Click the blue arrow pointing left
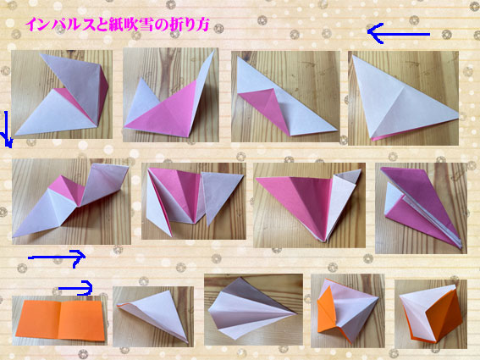pyautogui.click(x=399, y=33)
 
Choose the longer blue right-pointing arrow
pyautogui.click(x=57, y=258)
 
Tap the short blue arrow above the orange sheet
pyautogui.click(x=75, y=288)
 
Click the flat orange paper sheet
pyautogui.click(x=60, y=320)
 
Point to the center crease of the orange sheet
pyautogui.click(x=61, y=320)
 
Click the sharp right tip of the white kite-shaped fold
pyautogui.click(x=295, y=313)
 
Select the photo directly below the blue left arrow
pyautogui.click(x=403, y=98)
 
